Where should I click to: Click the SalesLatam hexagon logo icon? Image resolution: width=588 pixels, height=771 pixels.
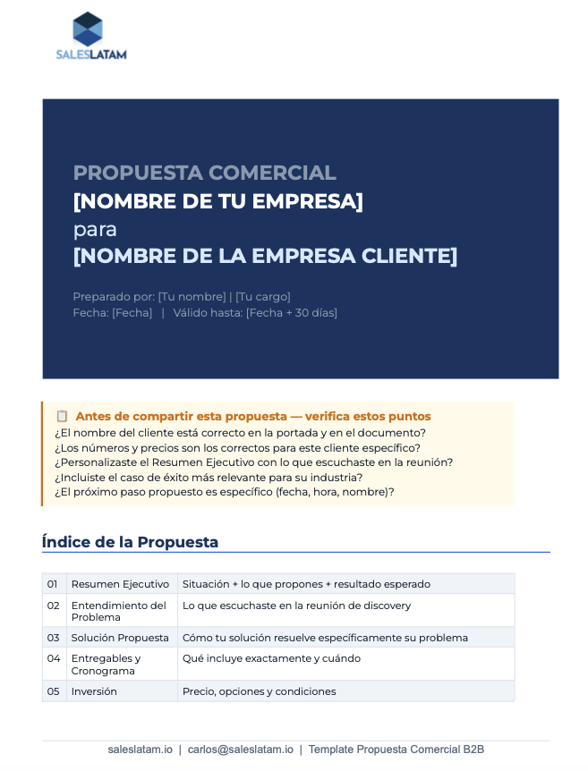pyautogui.click(x=88, y=29)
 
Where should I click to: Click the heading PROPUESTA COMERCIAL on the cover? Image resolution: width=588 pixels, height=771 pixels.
pyautogui.click(x=204, y=174)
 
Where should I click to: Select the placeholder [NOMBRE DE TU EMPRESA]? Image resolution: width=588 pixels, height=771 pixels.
pyautogui.click(x=217, y=201)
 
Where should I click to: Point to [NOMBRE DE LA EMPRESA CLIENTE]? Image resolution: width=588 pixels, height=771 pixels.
pyautogui.click(x=265, y=257)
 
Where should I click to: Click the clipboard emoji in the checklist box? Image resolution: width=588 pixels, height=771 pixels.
pyautogui.click(x=62, y=416)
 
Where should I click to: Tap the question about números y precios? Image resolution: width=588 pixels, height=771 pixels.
pyautogui.click(x=237, y=447)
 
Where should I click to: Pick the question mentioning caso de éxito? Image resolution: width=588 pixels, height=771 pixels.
pyautogui.click(x=209, y=477)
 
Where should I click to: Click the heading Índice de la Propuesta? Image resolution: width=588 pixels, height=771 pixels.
pyautogui.click(x=130, y=542)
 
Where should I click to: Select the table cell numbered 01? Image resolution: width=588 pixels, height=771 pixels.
pyautogui.click(x=53, y=584)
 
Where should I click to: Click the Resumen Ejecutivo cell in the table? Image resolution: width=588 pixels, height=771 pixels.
pyautogui.click(x=120, y=584)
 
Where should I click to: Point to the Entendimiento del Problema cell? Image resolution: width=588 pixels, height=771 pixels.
pyautogui.click(x=119, y=611)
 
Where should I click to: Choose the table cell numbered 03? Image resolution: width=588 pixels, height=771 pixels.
pyautogui.click(x=53, y=638)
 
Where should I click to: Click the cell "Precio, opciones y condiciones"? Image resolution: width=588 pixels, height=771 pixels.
pyautogui.click(x=259, y=691)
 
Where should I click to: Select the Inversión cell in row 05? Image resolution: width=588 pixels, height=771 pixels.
pyautogui.click(x=94, y=691)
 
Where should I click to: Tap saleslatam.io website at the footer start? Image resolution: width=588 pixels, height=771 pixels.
pyautogui.click(x=140, y=750)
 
